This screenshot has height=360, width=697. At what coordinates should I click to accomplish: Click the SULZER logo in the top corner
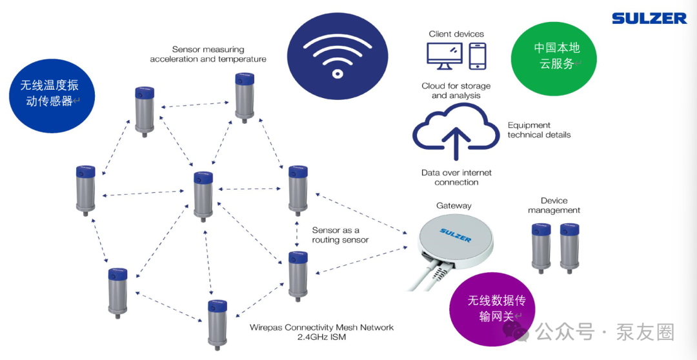tap(649, 18)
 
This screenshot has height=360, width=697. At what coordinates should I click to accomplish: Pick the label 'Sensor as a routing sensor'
tap(341, 235)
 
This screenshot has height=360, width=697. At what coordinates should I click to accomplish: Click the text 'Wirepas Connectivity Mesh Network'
tap(321, 328)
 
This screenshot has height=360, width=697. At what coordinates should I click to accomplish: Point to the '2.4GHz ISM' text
tap(321, 337)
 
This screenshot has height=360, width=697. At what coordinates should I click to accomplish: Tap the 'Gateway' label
tap(454, 206)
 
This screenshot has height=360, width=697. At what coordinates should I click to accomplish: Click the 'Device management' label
tap(554, 206)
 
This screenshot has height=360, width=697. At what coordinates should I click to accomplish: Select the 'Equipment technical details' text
tap(539, 130)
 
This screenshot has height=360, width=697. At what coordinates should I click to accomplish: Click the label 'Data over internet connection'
tap(456, 177)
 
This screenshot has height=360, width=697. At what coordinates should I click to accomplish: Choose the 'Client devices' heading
tap(456, 34)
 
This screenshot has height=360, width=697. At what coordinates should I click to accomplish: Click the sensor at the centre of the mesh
tap(203, 195)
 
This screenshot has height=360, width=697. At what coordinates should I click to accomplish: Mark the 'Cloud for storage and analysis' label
tap(456, 91)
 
